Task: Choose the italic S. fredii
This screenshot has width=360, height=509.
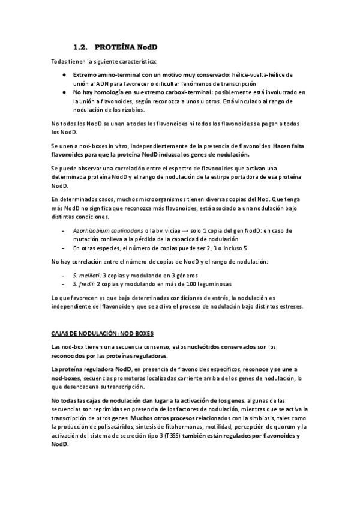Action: (x=82, y=283)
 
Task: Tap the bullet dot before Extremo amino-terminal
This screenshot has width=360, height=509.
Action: (x=64, y=75)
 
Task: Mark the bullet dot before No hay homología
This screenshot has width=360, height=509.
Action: (x=64, y=92)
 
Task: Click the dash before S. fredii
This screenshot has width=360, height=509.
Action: (x=64, y=283)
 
